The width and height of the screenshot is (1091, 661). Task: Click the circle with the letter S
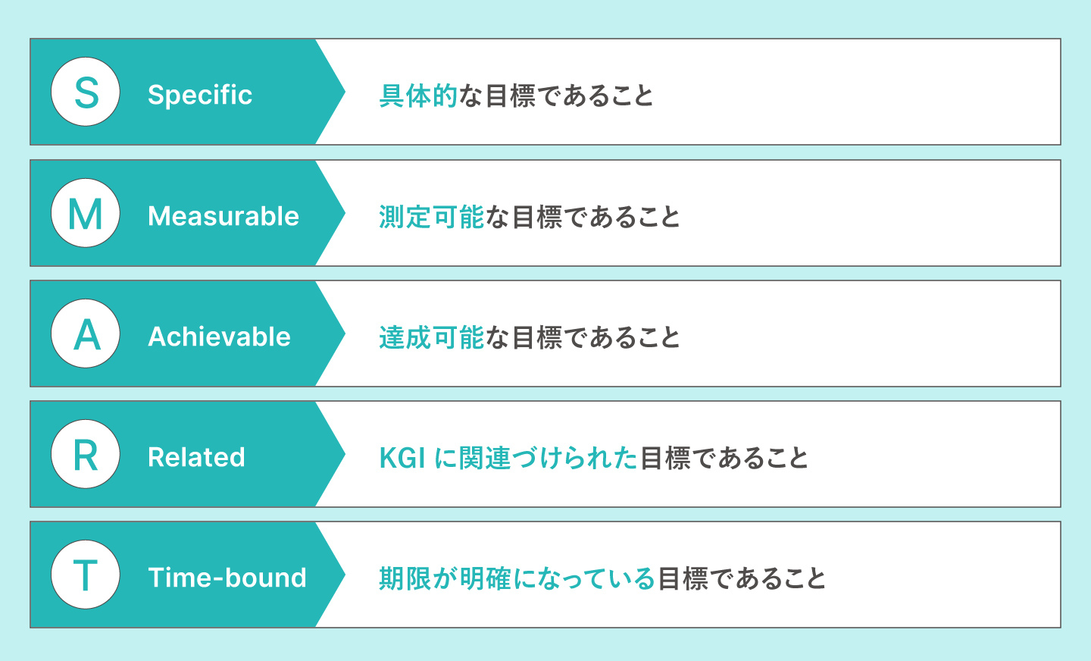(x=86, y=92)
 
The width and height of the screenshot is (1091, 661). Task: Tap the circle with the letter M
(x=86, y=213)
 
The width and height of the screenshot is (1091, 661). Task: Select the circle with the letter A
(x=86, y=334)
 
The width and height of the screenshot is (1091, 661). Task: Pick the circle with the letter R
(x=86, y=454)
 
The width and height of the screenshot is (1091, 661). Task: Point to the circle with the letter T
(x=86, y=575)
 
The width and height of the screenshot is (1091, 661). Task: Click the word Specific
(x=200, y=95)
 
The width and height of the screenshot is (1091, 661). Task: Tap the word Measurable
(x=224, y=216)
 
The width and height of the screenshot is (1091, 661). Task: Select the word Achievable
(x=220, y=337)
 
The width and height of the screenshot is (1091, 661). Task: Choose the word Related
(x=196, y=457)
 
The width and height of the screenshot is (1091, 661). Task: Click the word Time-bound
(x=227, y=578)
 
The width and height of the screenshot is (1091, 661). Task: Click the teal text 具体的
(x=418, y=96)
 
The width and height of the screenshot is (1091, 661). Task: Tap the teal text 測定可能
(x=431, y=218)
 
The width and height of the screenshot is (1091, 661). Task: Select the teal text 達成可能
(x=431, y=338)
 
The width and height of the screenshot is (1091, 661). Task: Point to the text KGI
(x=402, y=459)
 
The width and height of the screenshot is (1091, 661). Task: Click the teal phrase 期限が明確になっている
(x=517, y=579)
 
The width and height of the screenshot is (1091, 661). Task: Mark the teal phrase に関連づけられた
(x=536, y=459)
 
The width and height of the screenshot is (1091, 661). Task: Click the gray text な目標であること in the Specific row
(x=556, y=96)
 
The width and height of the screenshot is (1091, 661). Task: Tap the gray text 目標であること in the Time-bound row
(x=742, y=579)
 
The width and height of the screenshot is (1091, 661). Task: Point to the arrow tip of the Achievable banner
(x=342, y=334)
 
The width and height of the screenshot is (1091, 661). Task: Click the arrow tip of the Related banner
(x=342, y=454)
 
